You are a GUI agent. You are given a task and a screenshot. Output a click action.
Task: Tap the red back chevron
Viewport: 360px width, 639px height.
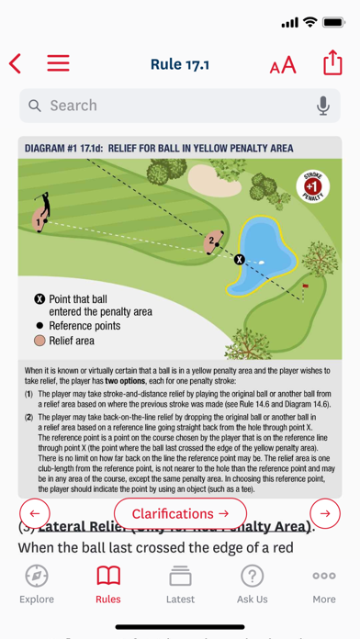pos(16,63)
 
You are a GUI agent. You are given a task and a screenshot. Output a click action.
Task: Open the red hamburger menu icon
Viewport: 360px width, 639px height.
pos(59,63)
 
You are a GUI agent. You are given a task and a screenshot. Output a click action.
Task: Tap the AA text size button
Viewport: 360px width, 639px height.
pos(283,64)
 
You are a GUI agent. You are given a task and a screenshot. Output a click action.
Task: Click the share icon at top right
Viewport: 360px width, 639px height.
pos(332,63)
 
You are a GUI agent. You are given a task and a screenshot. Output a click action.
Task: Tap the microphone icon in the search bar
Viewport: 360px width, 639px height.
pos(323,106)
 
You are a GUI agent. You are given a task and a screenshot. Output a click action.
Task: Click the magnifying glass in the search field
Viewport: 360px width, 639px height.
pos(35,106)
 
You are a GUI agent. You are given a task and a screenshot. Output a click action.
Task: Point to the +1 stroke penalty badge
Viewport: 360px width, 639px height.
pos(311,186)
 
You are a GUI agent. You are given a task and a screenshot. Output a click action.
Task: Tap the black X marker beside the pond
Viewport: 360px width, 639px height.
pos(240,260)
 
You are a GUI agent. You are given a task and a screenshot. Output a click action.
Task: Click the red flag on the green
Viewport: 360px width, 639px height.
pos(306,287)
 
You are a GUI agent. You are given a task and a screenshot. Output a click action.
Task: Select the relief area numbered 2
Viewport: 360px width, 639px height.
pos(213,242)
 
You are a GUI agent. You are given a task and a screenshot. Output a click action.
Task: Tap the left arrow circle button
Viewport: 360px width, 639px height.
pos(35,513)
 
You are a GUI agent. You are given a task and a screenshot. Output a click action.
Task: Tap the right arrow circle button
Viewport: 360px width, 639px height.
pos(325,513)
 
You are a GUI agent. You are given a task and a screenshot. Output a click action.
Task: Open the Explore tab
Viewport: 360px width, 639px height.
pos(37,584)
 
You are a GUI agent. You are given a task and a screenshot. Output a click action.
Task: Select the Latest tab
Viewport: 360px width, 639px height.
pos(180,584)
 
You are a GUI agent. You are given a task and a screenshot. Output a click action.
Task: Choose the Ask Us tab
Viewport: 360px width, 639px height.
pos(252,584)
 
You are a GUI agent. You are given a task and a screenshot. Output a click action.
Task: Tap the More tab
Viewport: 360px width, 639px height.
pos(323,584)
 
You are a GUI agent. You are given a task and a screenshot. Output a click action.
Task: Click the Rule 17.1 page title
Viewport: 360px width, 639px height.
pos(180,63)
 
